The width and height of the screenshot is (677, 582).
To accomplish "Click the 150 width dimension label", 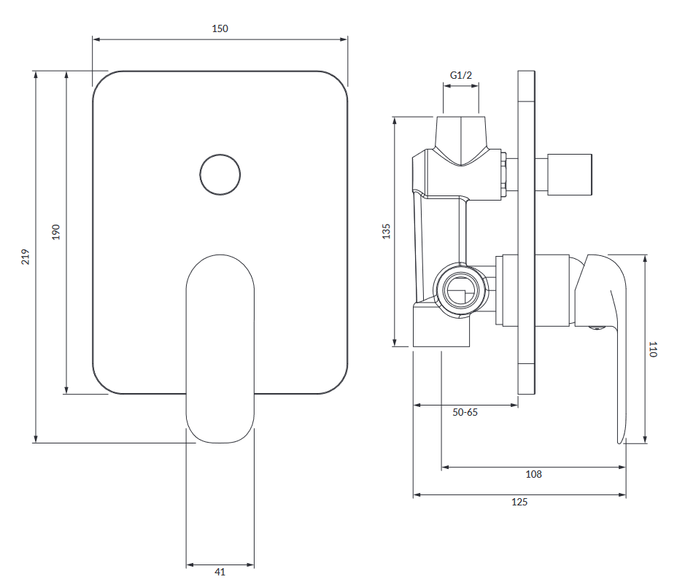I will [220, 28].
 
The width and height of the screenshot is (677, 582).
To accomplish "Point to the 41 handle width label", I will [220, 573].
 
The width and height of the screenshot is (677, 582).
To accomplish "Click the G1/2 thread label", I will [461, 75].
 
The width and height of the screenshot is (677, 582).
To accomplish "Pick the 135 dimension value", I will [387, 231].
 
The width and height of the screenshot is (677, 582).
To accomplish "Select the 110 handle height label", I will [653, 349].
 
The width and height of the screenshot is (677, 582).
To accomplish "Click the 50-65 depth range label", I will [465, 412].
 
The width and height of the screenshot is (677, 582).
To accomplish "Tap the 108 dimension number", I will [533, 474].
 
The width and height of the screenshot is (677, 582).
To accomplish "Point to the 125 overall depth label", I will [519, 502].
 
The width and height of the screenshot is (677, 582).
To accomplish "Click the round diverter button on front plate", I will [220, 174].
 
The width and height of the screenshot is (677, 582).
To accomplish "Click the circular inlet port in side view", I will [459, 290].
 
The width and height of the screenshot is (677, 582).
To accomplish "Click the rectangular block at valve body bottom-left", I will [441, 327].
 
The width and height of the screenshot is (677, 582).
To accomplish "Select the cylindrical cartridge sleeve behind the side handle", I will [552, 290].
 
